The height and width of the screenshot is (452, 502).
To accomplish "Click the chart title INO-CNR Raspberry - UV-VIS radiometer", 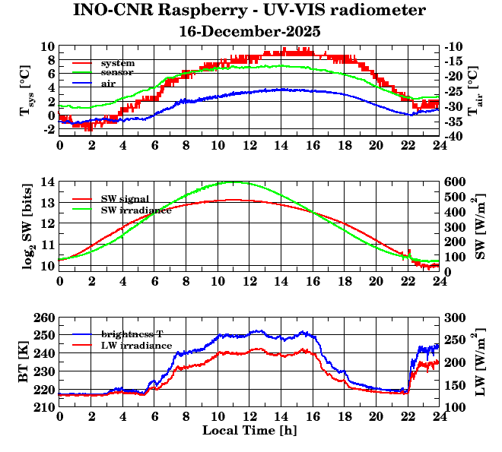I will pyautogui.click(x=249, y=11).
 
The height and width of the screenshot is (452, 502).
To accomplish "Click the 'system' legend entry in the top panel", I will pyautogui.click(x=118, y=62).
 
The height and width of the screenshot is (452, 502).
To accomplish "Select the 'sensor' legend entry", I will pyautogui.click(x=117, y=72).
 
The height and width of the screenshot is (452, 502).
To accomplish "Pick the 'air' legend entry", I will pyautogui.click(x=109, y=83).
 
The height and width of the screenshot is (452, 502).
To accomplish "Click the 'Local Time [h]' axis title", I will pyautogui.click(x=249, y=430).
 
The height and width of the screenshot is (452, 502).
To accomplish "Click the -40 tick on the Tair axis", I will pyautogui.click(x=457, y=136).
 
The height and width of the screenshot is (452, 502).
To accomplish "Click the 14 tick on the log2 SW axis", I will pyautogui.click(x=47, y=182).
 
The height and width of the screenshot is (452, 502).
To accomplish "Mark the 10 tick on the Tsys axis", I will pyautogui.click(x=47, y=47).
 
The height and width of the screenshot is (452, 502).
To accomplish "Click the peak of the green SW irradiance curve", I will pyautogui.click(x=234, y=182).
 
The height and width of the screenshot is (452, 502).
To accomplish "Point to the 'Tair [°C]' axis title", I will pyautogui.click(x=473, y=92).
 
